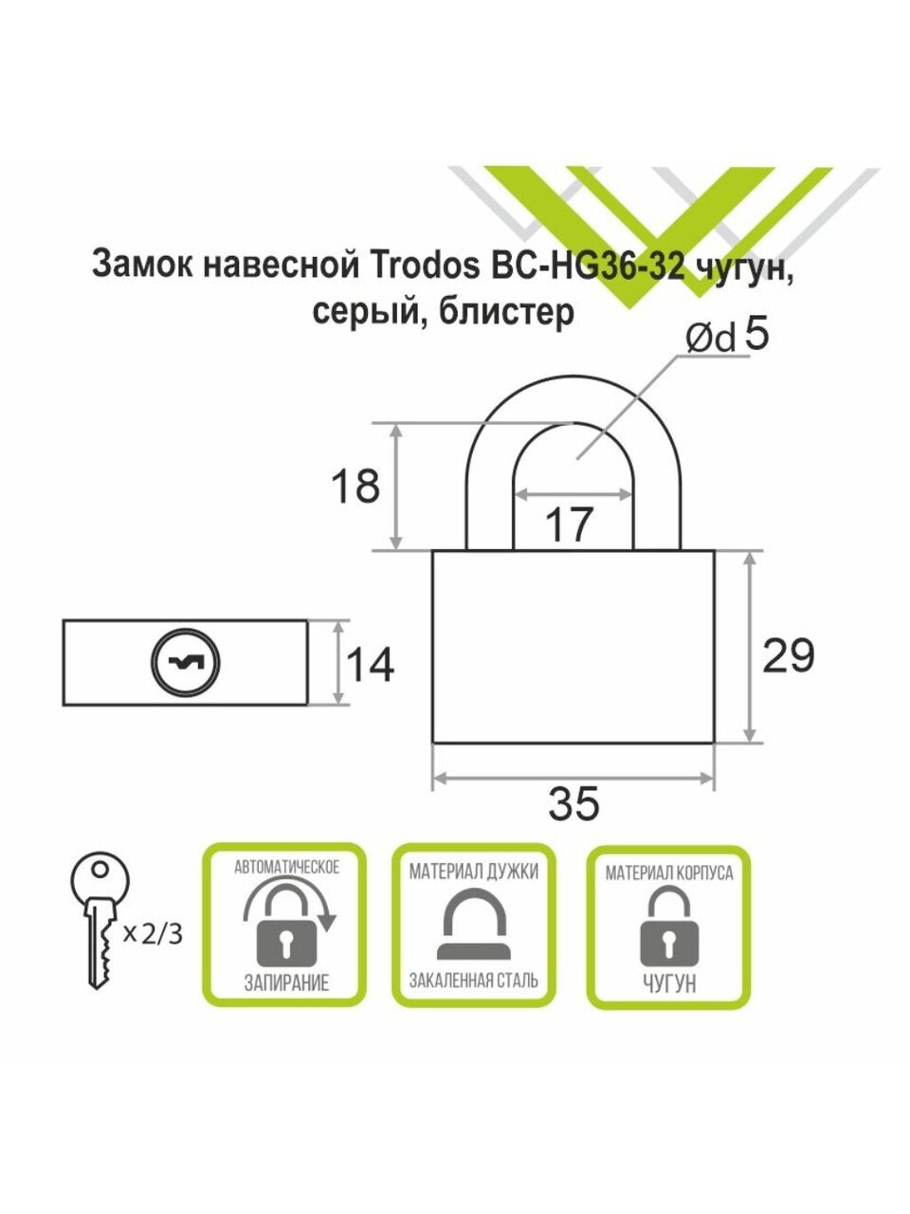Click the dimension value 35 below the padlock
(x=574, y=804)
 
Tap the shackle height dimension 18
(x=355, y=487)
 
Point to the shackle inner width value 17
(x=570, y=524)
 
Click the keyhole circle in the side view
(x=185, y=661)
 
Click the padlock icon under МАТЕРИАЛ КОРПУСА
(x=669, y=930)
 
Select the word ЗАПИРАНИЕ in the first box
(x=286, y=983)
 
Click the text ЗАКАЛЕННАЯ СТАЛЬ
(x=473, y=980)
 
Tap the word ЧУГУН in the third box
(x=669, y=984)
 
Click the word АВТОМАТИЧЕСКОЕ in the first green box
(x=286, y=866)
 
